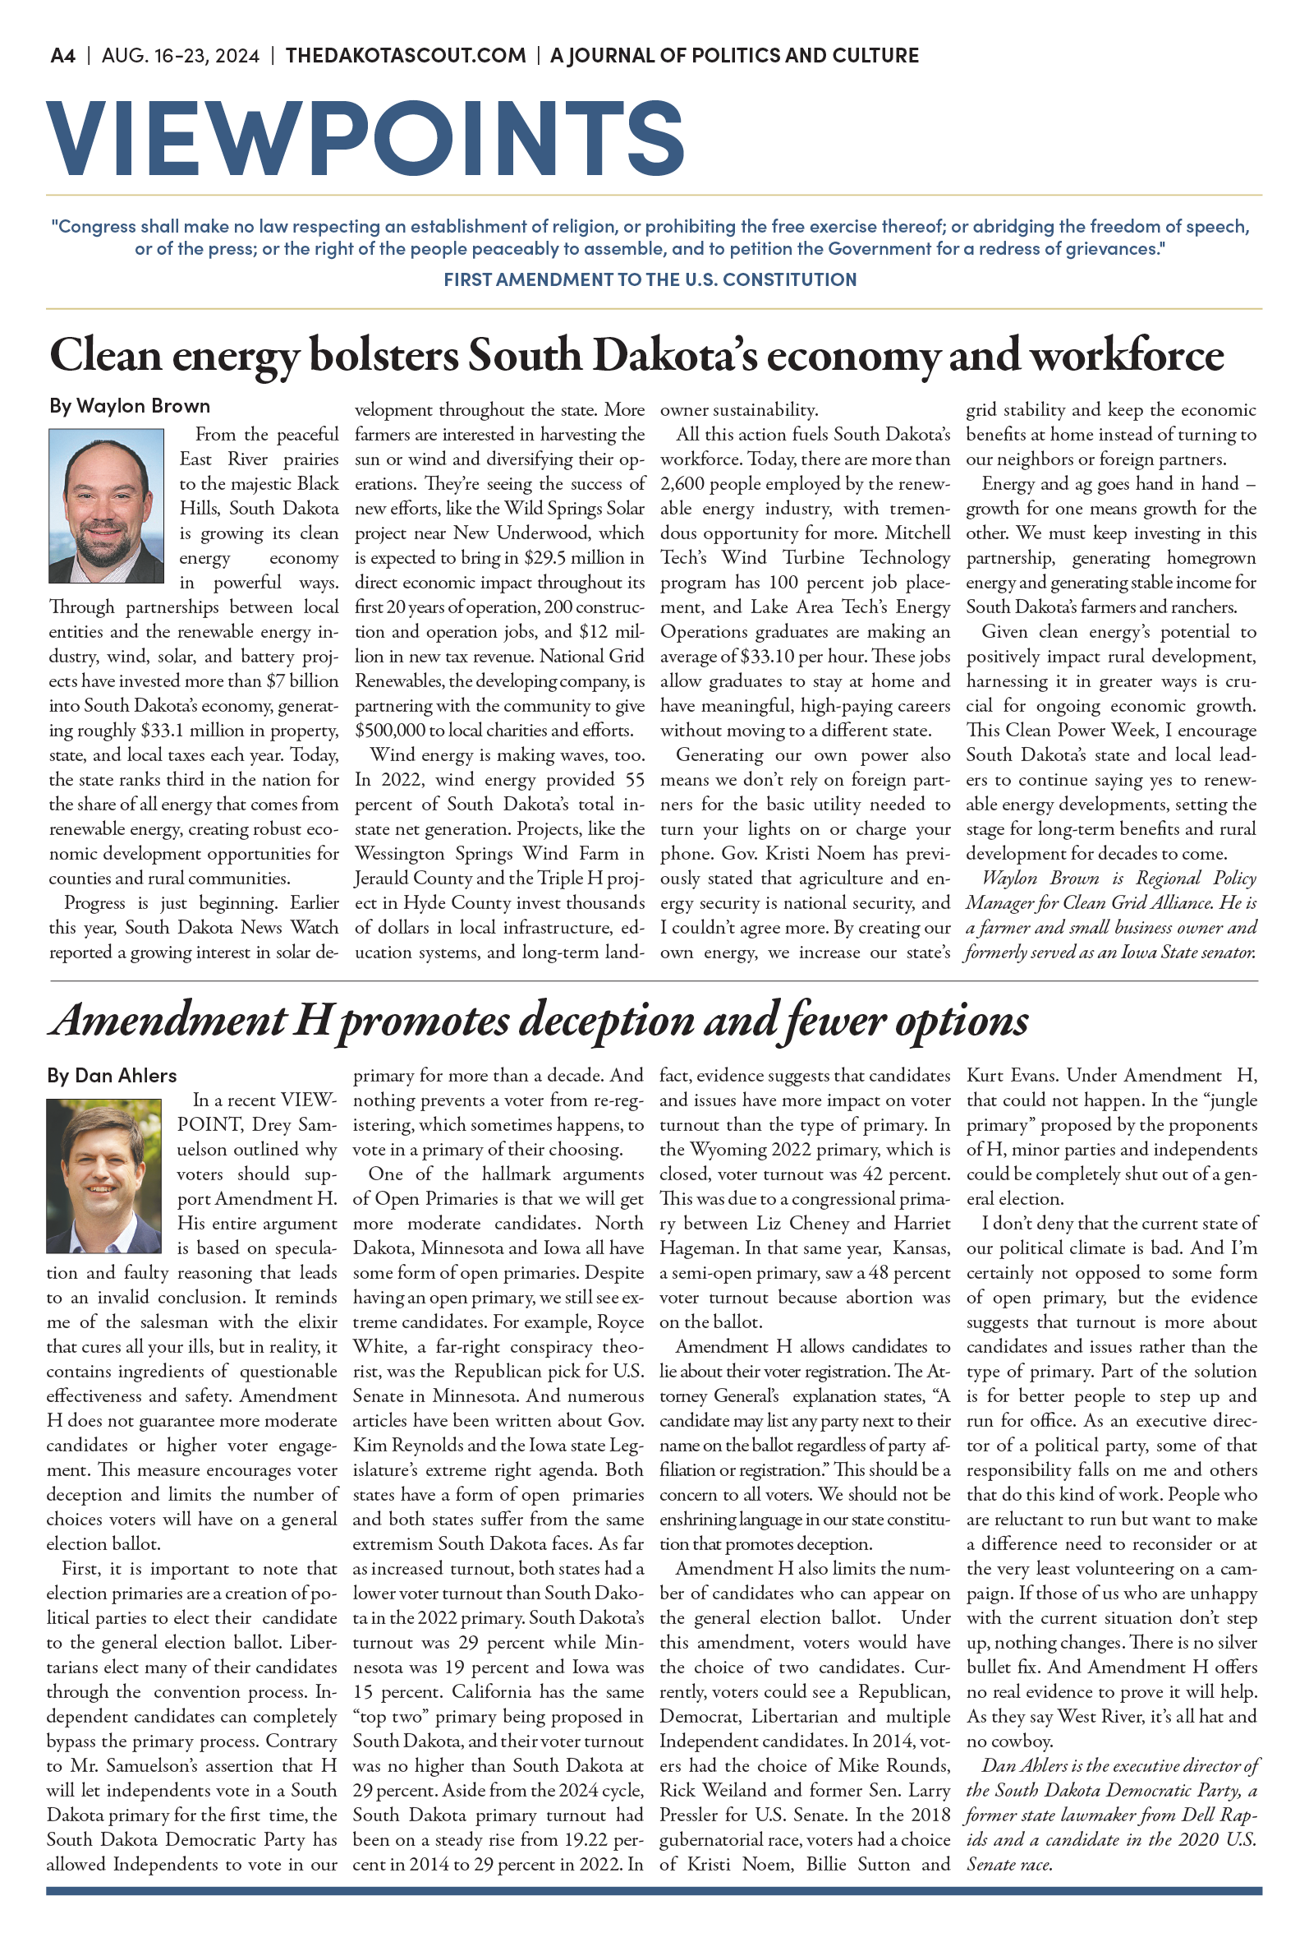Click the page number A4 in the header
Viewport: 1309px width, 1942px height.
pos(62,56)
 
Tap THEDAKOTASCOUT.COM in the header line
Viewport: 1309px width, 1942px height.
pos(406,56)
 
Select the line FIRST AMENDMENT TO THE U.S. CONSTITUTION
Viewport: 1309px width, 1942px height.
pos(650,279)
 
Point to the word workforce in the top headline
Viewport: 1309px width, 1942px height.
pos(1126,356)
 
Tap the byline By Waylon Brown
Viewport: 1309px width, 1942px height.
pos(130,406)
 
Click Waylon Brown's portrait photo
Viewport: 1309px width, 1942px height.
pos(106,505)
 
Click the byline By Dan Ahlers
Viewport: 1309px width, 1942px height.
pos(112,1076)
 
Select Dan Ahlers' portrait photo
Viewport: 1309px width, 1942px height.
pos(104,1175)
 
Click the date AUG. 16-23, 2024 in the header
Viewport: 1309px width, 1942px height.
pos(181,56)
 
